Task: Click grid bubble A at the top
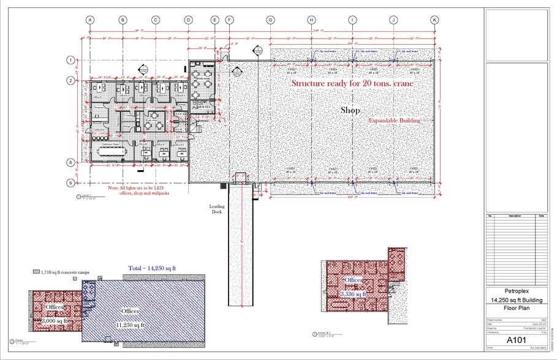coord(90,20)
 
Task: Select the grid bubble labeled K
coord(434,20)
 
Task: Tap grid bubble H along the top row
coord(311,20)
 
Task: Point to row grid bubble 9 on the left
coord(70,182)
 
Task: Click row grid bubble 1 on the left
coord(70,60)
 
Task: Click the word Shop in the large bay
coord(350,110)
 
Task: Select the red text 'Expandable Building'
coord(394,121)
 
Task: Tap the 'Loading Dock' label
coord(217,209)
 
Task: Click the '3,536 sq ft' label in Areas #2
coord(354,294)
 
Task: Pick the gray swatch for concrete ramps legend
coord(36,271)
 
